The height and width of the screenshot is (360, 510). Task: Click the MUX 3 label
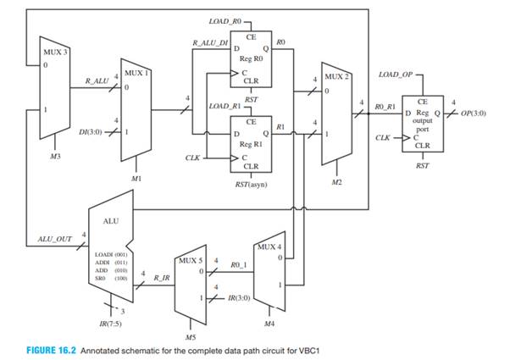click(x=56, y=53)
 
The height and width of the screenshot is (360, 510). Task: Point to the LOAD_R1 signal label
click(x=225, y=107)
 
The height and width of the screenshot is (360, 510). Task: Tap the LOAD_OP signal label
click(x=395, y=75)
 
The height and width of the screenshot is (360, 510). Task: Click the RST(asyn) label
click(x=252, y=182)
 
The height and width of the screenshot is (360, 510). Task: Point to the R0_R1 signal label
click(x=385, y=108)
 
